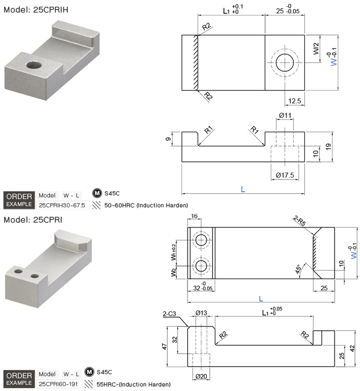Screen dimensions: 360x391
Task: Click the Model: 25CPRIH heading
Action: tap(36, 10)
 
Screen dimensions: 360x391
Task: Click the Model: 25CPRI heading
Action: tap(33, 220)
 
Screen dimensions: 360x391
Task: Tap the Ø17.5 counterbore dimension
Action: tap(285, 175)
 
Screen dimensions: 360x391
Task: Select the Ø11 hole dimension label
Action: tap(285, 116)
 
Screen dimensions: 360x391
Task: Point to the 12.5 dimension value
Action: tap(295, 101)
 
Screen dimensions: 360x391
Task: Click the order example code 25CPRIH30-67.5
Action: tap(62, 205)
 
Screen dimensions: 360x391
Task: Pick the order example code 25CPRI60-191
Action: tap(58, 384)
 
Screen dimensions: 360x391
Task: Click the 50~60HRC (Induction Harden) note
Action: tap(146, 205)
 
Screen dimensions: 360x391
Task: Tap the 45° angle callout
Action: tap(298, 269)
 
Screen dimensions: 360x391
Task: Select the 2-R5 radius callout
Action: tap(299, 221)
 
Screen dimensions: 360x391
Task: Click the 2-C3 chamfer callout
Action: tap(169, 313)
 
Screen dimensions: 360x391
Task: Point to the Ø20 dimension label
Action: tap(201, 376)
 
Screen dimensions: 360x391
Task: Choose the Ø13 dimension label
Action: tap(201, 313)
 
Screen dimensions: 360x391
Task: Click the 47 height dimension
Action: tap(164, 346)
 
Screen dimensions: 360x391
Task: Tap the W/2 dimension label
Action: tap(316, 49)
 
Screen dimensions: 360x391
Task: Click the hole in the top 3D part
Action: tap(34, 65)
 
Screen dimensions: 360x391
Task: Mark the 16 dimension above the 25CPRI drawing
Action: tap(194, 216)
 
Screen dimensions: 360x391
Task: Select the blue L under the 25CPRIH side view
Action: tap(243, 189)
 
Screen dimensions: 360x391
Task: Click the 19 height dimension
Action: tap(328, 146)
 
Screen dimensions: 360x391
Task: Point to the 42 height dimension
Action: tap(352, 348)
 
